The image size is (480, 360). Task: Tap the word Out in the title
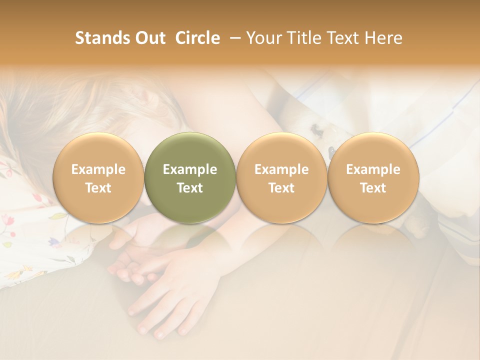tap(149, 38)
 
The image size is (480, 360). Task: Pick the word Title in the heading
tap(302, 38)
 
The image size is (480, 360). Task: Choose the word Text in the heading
tap(342, 38)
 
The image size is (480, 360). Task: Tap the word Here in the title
tap(383, 38)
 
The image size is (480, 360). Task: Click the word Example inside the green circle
tap(190, 169)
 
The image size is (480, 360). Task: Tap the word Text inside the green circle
tap(190, 188)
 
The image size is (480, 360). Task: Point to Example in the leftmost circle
tap(98, 169)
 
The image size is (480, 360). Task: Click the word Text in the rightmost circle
tap(373, 188)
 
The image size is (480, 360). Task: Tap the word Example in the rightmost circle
tap(373, 169)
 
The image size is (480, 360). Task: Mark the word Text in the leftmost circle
tap(98, 188)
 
